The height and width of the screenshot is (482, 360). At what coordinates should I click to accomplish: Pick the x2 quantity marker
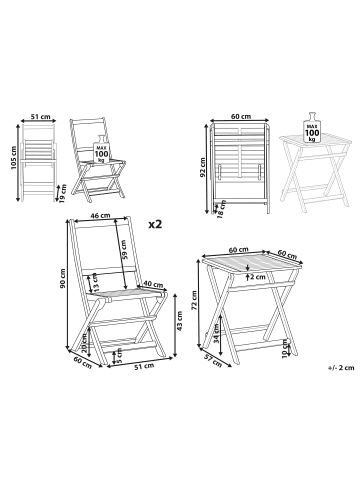click(x=155, y=225)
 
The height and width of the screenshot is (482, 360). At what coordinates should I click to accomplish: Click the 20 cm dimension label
click(x=87, y=342)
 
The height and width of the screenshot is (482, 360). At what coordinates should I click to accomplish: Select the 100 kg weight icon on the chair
click(x=100, y=152)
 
